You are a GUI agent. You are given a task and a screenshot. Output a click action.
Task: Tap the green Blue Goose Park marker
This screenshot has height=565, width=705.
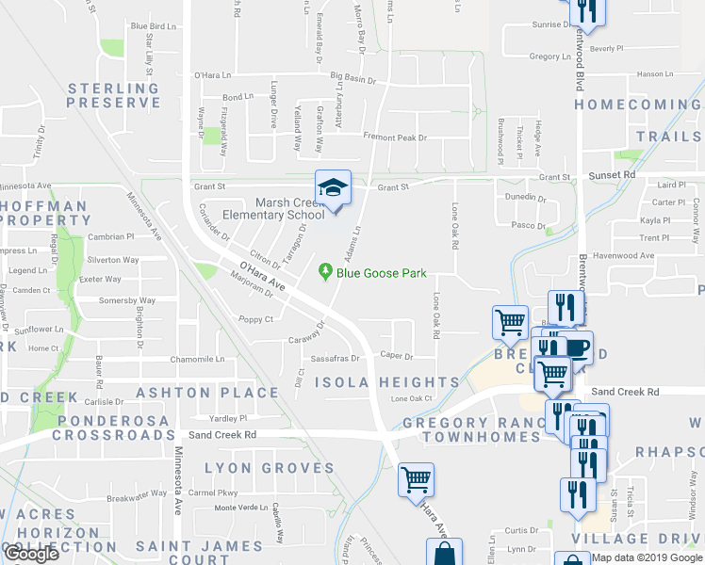tap(326, 273)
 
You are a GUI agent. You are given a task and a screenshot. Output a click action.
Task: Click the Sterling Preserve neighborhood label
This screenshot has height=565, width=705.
tap(113, 95)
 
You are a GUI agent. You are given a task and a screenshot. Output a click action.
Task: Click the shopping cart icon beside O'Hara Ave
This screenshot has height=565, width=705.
tap(416, 479)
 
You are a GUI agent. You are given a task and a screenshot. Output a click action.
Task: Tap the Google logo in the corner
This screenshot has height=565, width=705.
tap(31, 555)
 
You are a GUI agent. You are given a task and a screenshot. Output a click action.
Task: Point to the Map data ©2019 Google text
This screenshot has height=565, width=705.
tap(647, 557)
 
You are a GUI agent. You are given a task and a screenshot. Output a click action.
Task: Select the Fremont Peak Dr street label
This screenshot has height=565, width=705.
tap(395, 137)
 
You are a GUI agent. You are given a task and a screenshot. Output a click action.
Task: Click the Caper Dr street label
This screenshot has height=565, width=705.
tap(397, 357)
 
